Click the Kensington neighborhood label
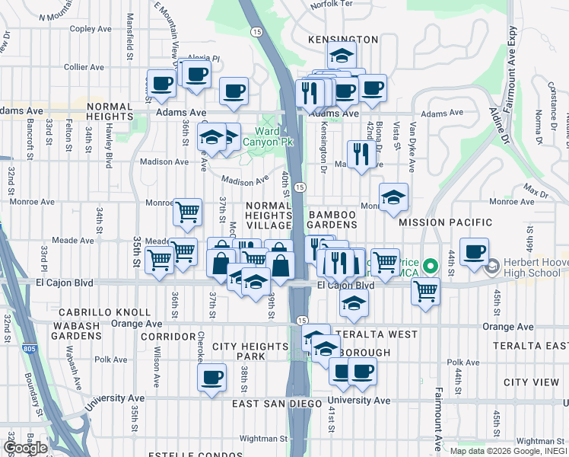coord(343,39)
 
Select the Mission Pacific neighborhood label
coord(436,222)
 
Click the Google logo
coord(24,447)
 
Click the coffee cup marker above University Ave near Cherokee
coord(211,376)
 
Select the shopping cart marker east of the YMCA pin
coord(425,289)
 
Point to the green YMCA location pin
coord(430,266)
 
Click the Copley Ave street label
coord(91,29)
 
